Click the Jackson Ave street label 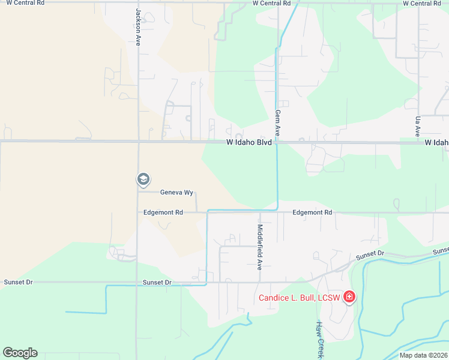coord(138,28)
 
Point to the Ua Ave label coord(417,125)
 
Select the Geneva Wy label coord(176,193)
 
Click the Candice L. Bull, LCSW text coord(299,298)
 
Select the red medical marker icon coord(349,297)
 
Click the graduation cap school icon coord(143,179)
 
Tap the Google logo coord(20,353)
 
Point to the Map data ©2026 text coord(423,355)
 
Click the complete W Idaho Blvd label coord(249,143)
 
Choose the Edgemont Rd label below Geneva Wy coord(162,212)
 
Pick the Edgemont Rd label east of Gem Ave coord(312,212)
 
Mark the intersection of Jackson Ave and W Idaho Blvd coord(139,142)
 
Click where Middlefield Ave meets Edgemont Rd coord(260,212)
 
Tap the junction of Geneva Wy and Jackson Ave coord(139,192)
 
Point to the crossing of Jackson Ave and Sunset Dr coord(137,282)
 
